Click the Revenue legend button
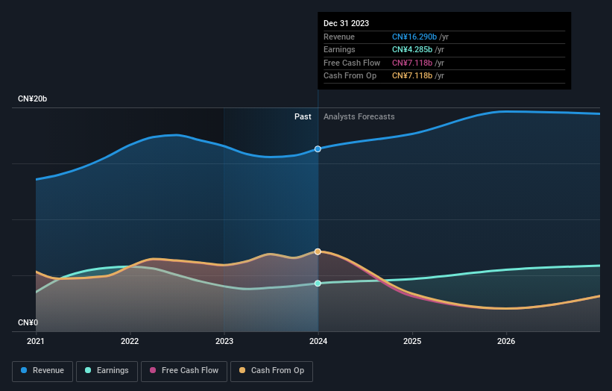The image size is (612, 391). point(42,370)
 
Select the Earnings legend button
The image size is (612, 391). point(107,370)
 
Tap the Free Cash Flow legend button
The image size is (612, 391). point(183,370)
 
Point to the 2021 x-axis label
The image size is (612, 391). point(36,342)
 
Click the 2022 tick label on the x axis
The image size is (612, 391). point(130,342)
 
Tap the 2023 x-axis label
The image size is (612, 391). point(224,342)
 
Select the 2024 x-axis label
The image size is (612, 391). point(318,342)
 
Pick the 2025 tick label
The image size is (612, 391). point(412,342)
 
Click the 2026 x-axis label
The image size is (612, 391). point(506,342)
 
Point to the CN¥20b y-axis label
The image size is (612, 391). point(33,99)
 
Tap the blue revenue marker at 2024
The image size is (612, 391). point(318,148)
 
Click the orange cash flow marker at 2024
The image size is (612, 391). point(318,251)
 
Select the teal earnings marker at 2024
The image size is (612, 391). point(318,284)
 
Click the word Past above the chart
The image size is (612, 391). point(303,116)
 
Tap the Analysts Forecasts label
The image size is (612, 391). point(359,116)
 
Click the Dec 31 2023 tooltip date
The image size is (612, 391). point(346,24)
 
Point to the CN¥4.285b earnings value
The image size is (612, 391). point(412,50)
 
